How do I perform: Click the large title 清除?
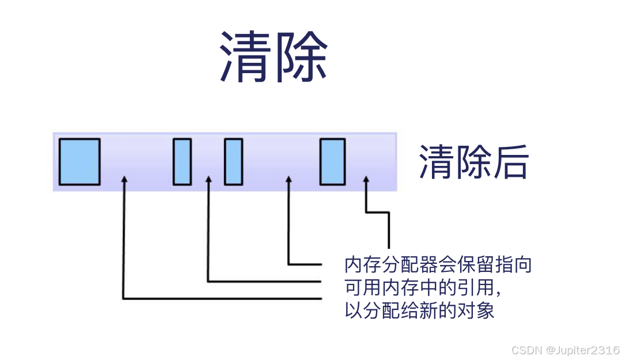coord(274,56)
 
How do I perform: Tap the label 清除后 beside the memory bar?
coord(473,162)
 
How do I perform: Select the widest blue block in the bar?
coord(79,162)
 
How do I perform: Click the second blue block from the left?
coord(182,162)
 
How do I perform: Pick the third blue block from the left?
coord(233,162)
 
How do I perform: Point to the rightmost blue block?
coord(332,162)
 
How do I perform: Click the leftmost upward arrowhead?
coord(124,181)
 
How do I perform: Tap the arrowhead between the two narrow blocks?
coord(208,181)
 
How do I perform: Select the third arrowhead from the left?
coord(289,181)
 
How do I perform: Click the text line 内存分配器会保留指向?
coord(438,265)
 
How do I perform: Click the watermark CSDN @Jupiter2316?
coord(565,350)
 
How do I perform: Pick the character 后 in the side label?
coord(510,162)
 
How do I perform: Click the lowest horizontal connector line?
coord(222,298)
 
